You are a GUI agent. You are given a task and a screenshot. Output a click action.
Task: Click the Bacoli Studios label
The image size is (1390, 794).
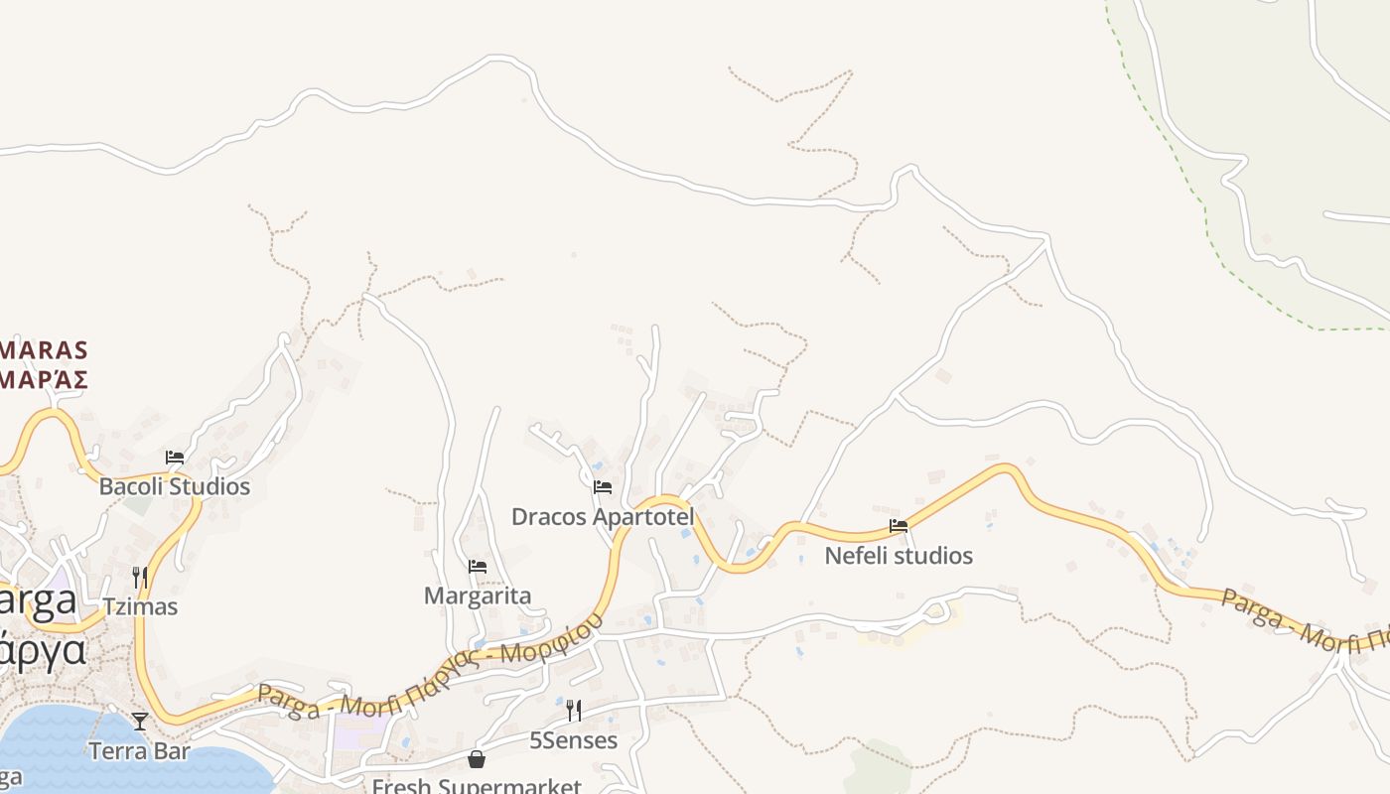tap(175, 486)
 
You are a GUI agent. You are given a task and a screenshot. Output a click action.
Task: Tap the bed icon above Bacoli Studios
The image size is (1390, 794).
tap(175, 458)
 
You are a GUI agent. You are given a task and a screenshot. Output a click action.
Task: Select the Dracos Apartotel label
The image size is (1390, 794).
tap(602, 516)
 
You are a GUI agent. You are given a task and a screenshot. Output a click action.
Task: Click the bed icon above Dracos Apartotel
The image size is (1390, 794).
tap(602, 487)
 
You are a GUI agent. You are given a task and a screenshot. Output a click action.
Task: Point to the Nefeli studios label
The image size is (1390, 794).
tap(899, 555)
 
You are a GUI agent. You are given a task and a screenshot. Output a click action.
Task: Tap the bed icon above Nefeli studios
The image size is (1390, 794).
tap(899, 526)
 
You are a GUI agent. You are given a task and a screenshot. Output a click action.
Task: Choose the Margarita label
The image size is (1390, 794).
tap(478, 595)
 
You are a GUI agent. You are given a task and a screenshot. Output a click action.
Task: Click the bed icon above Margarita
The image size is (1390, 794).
tap(478, 567)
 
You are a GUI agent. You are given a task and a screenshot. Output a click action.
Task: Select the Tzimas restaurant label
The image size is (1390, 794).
tap(140, 606)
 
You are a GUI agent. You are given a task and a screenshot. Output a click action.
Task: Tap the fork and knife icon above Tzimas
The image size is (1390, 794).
tap(140, 577)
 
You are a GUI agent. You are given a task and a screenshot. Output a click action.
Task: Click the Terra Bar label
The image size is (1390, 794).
tap(139, 750)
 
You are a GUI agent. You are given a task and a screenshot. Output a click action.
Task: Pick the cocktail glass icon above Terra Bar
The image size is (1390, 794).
tap(140, 721)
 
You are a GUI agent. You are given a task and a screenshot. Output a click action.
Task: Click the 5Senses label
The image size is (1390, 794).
tap(573, 740)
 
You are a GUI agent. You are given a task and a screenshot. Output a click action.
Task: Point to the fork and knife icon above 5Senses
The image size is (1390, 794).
tap(573, 711)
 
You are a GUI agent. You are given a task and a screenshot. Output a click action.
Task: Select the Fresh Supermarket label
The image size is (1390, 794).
tap(477, 786)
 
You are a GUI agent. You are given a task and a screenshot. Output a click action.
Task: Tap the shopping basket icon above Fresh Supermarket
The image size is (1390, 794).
tap(477, 759)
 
